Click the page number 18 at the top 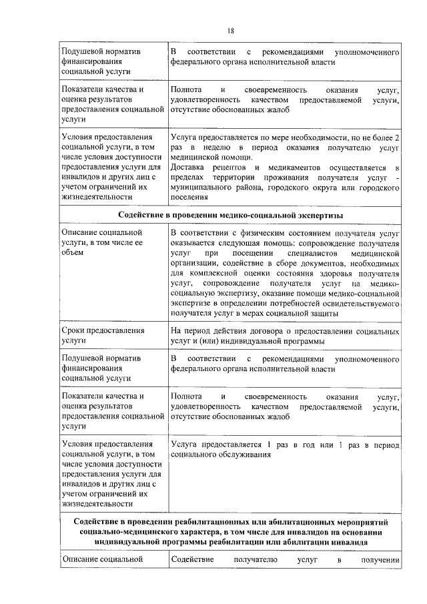click(x=230, y=31)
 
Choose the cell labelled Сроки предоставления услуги click(x=103, y=335)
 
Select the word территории click(x=227, y=178)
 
